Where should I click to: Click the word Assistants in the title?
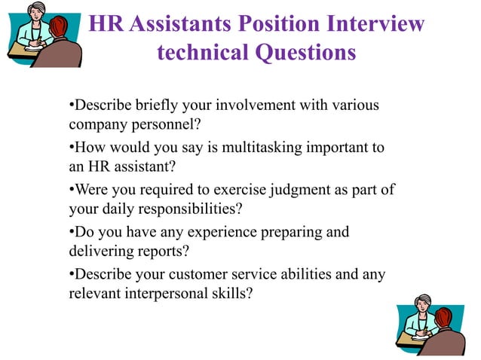click(177, 24)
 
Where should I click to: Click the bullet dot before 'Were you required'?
click(71, 190)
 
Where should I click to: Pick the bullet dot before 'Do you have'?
click(71, 232)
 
